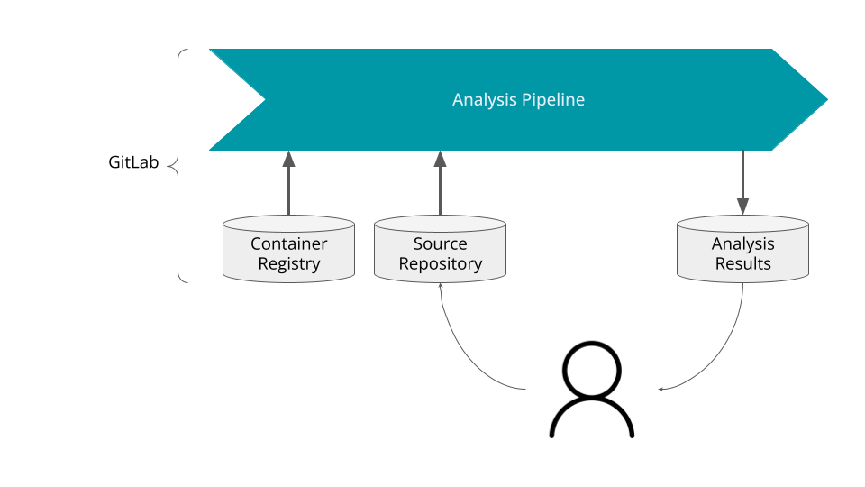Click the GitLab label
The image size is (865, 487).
click(133, 163)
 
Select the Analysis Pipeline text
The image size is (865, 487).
click(518, 99)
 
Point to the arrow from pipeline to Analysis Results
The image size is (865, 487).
click(742, 181)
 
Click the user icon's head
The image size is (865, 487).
click(592, 370)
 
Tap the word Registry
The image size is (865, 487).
click(288, 264)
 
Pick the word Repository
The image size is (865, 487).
click(440, 264)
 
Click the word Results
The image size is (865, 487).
click(742, 264)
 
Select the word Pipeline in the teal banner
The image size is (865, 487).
click(553, 99)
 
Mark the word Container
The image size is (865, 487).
click(288, 244)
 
